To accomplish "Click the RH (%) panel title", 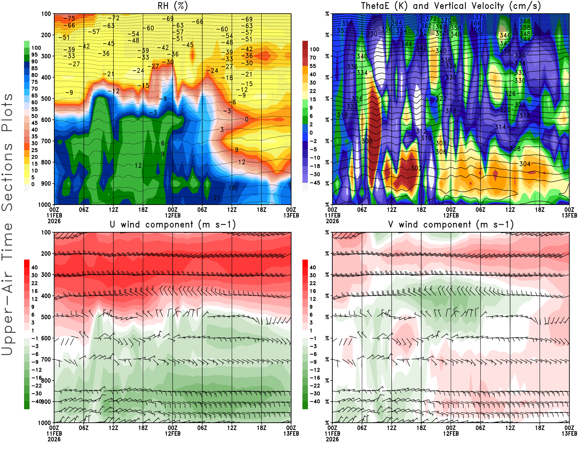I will coord(173,6).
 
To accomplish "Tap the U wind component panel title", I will coord(173,225).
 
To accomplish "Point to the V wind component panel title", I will coord(451,225).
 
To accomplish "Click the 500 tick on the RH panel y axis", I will coord(46,99).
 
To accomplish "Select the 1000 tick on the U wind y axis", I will coord(44,423).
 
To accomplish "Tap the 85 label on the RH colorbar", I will coord(35,68).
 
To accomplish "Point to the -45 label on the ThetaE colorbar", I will coord(315,183).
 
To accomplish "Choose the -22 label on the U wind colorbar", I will coord(36,386).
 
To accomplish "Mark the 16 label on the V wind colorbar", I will coord(313,291).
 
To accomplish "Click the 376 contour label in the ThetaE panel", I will coord(480,17).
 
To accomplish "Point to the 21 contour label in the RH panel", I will coord(217,198).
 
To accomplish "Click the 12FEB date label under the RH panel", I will coord(173,215).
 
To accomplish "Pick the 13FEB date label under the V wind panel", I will coord(569,434).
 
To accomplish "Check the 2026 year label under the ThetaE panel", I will coord(332,221).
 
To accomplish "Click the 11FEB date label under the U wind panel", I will coord(54,434).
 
